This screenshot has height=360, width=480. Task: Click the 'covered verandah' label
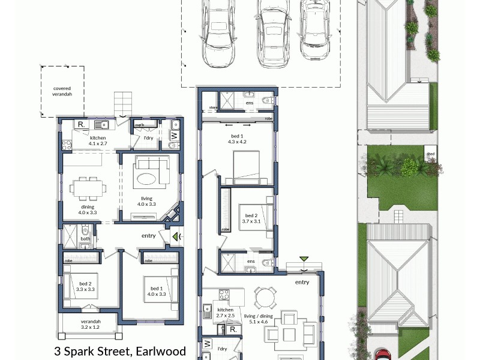tap(62, 90)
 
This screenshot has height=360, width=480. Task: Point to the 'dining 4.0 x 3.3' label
tap(88, 209)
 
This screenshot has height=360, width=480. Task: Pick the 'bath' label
tap(85, 239)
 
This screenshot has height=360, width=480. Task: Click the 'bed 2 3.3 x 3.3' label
tap(86, 286)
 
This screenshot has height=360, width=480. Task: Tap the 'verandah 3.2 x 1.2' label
tap(91, 325)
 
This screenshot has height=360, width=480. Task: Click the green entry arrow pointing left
tap(175, 237)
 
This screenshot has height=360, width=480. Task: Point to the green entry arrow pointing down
tap(304, 259)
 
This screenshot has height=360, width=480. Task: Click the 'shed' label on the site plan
tap(430, 154)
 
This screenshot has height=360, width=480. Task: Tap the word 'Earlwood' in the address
tap(161, 351)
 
